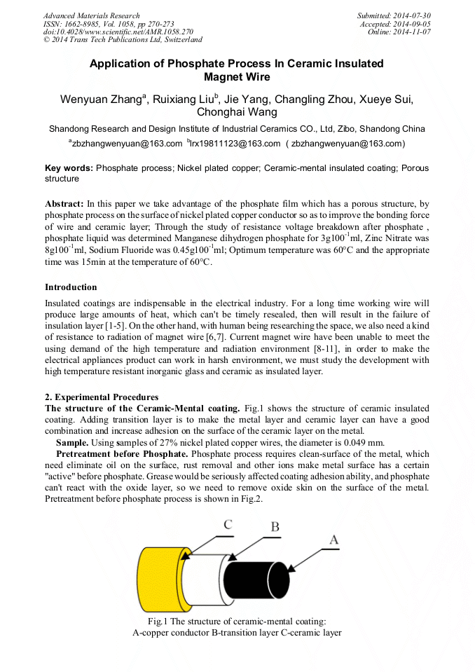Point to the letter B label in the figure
(275, 527)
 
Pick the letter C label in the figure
(228, 523)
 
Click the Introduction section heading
(71, 287)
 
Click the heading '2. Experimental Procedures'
(102, 397)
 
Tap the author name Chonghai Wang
(237, 112)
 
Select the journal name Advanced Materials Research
(91, 15)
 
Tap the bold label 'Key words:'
(69, 168)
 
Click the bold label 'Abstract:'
(64, 203)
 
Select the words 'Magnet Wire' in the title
(237, 77)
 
